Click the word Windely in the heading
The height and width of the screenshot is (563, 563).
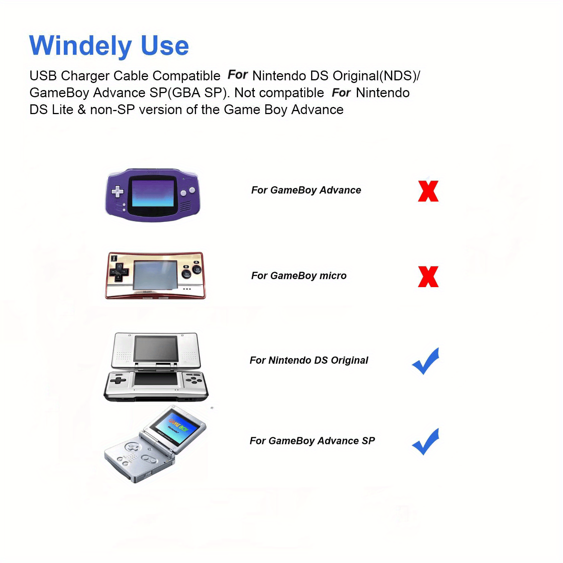(x=80, y=46)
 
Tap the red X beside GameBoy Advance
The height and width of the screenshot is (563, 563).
(x=428, y=191)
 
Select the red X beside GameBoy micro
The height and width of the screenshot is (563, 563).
(x=428, y=277)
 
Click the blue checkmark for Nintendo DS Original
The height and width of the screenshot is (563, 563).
(x=426, y=361)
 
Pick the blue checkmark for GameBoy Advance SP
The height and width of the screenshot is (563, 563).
(x=426, y=442)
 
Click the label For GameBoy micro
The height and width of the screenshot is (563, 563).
(x=299, y=276)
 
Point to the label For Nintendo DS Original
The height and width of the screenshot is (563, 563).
(x=309, y=360)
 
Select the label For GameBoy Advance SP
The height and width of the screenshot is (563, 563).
(x=312, y=441)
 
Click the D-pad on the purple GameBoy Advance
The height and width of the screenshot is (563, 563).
(x=117, y=191)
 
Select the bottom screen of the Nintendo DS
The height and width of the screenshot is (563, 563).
(x=156, y=379)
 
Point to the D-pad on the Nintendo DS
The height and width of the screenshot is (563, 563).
(x=118, y=381)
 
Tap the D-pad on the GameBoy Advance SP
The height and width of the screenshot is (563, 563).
(x=132, y=447)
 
